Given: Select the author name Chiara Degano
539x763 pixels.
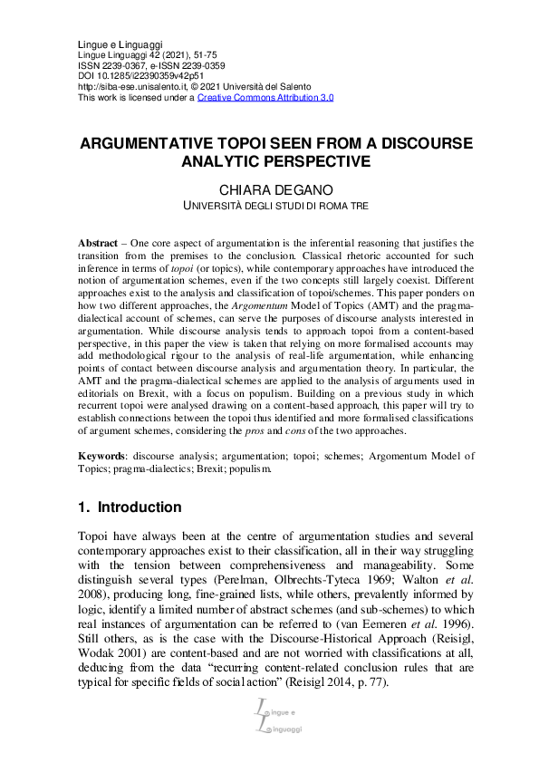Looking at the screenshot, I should [270, 189].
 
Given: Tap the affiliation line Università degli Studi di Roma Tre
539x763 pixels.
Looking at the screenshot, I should [270, 207].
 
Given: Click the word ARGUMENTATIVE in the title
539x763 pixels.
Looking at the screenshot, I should [147, 144].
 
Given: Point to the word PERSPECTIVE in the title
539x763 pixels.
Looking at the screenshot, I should [321, 162].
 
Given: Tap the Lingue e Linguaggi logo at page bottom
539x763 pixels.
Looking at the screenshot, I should [270, 714].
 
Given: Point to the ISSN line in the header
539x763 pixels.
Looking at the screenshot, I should [152, 66].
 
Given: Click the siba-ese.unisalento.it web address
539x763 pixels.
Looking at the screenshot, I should [134, 87].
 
